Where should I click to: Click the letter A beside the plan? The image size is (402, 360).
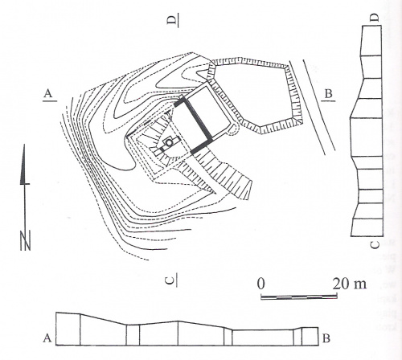[48, 93]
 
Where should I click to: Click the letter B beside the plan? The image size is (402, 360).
[328, 94]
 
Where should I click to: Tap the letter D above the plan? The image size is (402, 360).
[172, 20]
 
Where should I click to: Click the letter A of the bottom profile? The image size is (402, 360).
[47, 338]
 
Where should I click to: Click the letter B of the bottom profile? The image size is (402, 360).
[326, 338]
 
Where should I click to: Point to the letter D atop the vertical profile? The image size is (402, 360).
[375, 18]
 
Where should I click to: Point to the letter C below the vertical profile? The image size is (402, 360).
[375, 244]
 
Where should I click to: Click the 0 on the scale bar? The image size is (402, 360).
[261, 284]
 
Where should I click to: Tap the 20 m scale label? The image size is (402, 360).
[350, 284]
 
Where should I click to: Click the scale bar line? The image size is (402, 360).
[299, 297]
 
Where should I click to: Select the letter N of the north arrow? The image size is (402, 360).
[26, 240]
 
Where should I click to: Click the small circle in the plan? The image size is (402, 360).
[169, 142]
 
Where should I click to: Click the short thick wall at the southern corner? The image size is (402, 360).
[202, 146]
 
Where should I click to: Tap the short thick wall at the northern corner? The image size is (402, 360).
[179, 101]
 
